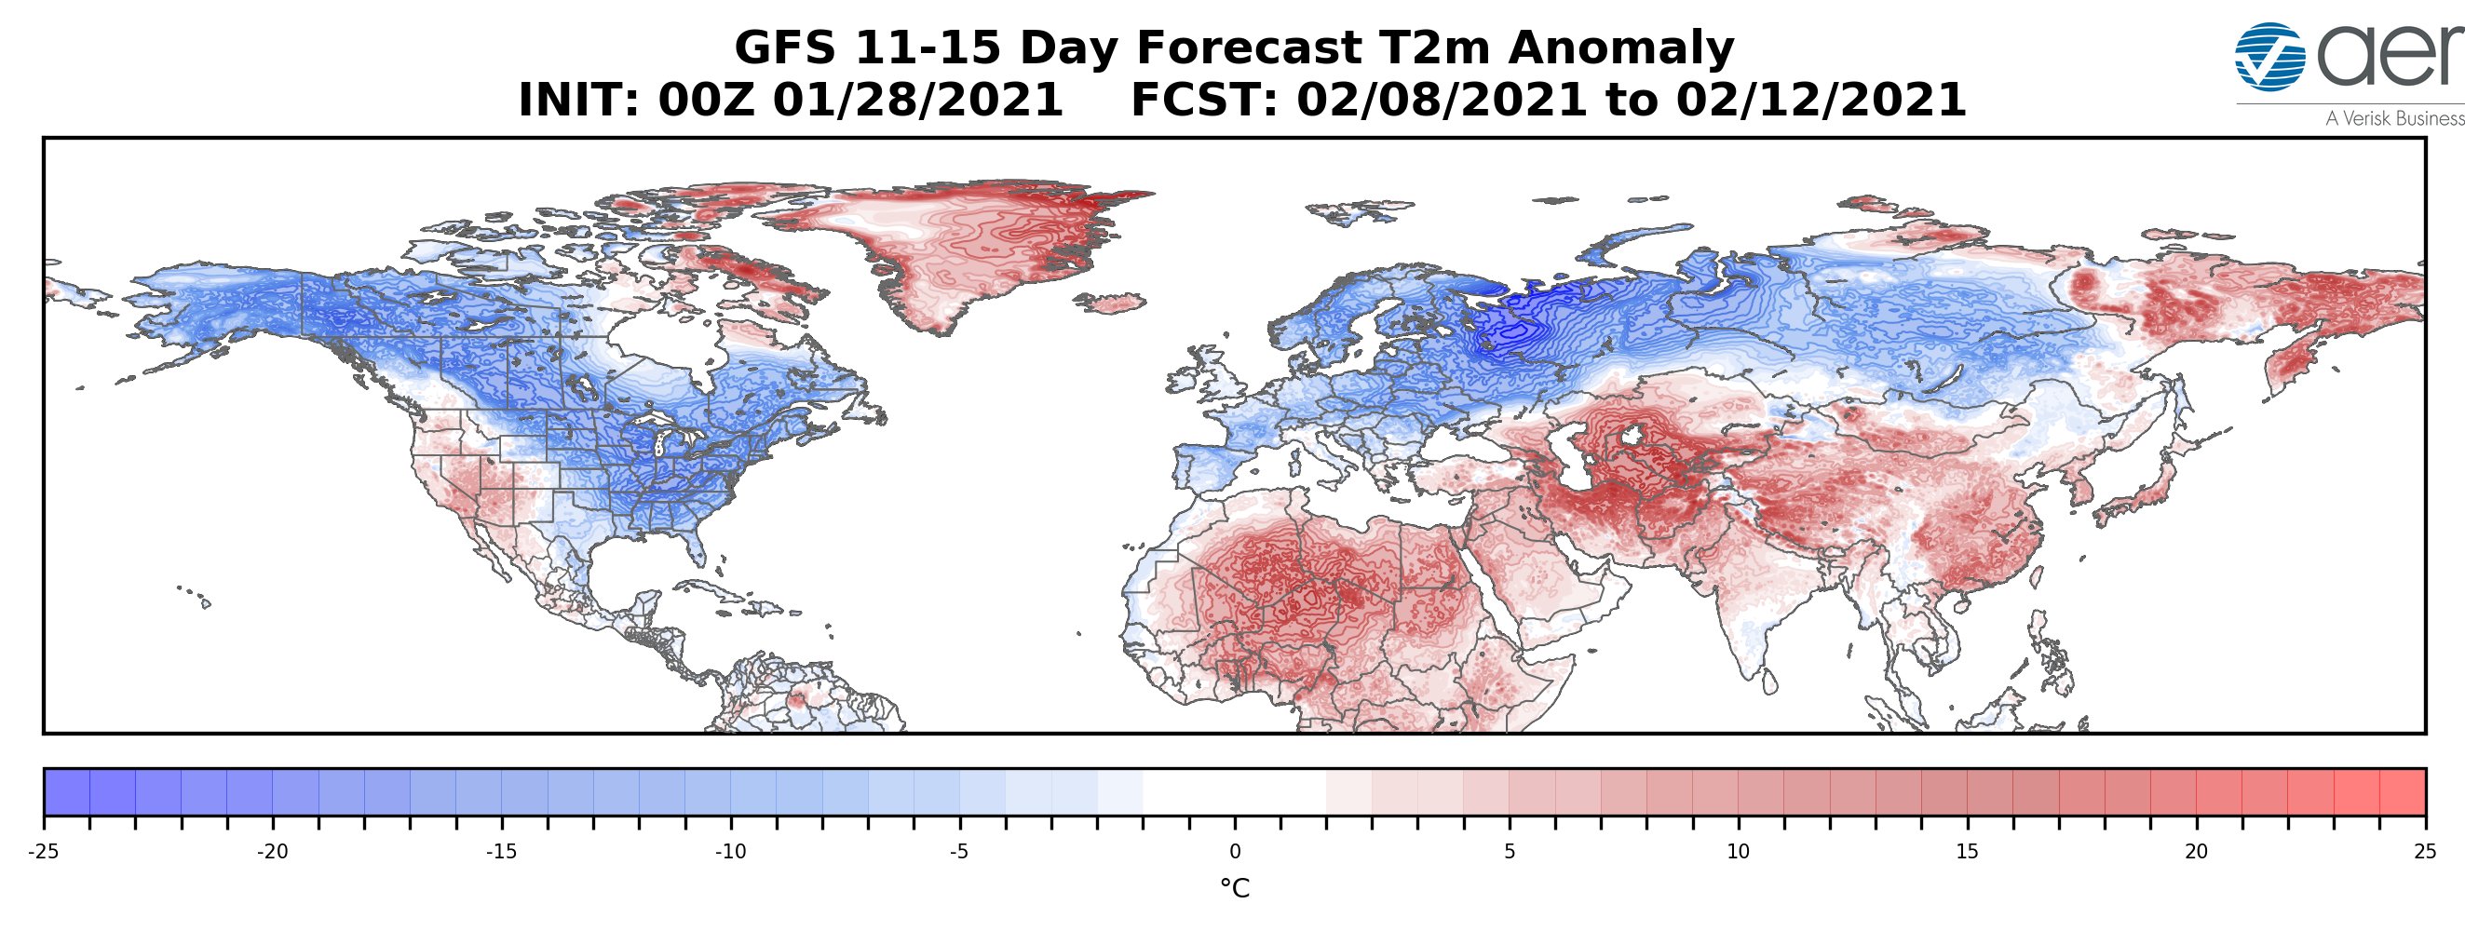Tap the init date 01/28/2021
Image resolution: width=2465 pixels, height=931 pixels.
point(917,101)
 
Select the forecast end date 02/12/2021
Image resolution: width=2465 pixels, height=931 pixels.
point(1820,101)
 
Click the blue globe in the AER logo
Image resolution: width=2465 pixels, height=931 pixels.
point(2268,57)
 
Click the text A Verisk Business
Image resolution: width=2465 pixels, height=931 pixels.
point(2394,118)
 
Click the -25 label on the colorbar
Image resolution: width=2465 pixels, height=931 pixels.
point(44,853)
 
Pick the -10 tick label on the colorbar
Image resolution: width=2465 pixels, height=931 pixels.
point(731,853)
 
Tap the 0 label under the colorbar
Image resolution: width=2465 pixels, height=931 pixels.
point(1235,853)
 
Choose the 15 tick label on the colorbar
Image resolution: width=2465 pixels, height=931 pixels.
point(1967,853)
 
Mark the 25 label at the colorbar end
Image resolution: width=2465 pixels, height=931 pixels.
point(2424,853)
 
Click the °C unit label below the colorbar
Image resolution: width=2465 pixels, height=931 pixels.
point(1235,889)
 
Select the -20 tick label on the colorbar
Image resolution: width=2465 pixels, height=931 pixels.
point(273,853)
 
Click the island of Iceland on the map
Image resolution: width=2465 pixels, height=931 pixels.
point(1114,304)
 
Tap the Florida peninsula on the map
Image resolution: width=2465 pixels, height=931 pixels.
point(698,545)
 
